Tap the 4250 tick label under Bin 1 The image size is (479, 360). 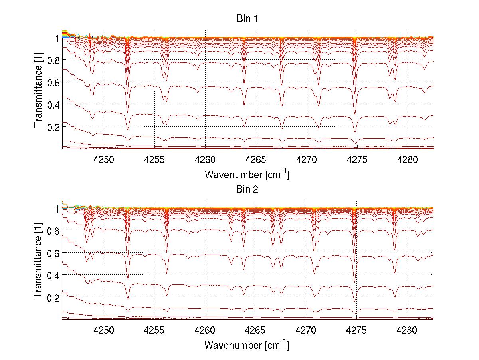click(104, 160)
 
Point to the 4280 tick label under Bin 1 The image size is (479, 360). click(407, 160)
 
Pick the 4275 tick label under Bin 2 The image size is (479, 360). click(357, 330)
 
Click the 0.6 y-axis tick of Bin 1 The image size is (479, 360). click(53, 82)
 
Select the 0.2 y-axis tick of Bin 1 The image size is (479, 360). click(53, 127)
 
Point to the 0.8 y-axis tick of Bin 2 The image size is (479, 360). click(53, 231)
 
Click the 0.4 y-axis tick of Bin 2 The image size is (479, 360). click(53, 275)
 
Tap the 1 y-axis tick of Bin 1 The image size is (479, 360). click(57, 38)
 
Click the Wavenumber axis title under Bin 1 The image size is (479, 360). click(247, 175)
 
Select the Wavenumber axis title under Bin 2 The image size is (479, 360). click(247, 345)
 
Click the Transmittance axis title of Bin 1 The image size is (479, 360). click(38, 93)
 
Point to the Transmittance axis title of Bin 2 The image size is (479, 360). click(38, 264)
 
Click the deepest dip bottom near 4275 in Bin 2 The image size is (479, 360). click(355, 313)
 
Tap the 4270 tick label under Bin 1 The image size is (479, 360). click(306, 160)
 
